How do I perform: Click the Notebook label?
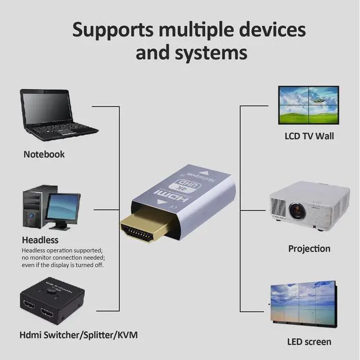tap(44, 154)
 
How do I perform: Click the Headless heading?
tap(40, 240)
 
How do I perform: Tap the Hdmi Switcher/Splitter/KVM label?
tap(79, 335)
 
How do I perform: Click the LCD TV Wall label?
tap(309, 136)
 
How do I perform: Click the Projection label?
tap(309, 249)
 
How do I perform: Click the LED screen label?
tap(309, 341)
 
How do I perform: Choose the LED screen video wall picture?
tap(303, 304)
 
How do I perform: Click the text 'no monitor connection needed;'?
tap(62, 258)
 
